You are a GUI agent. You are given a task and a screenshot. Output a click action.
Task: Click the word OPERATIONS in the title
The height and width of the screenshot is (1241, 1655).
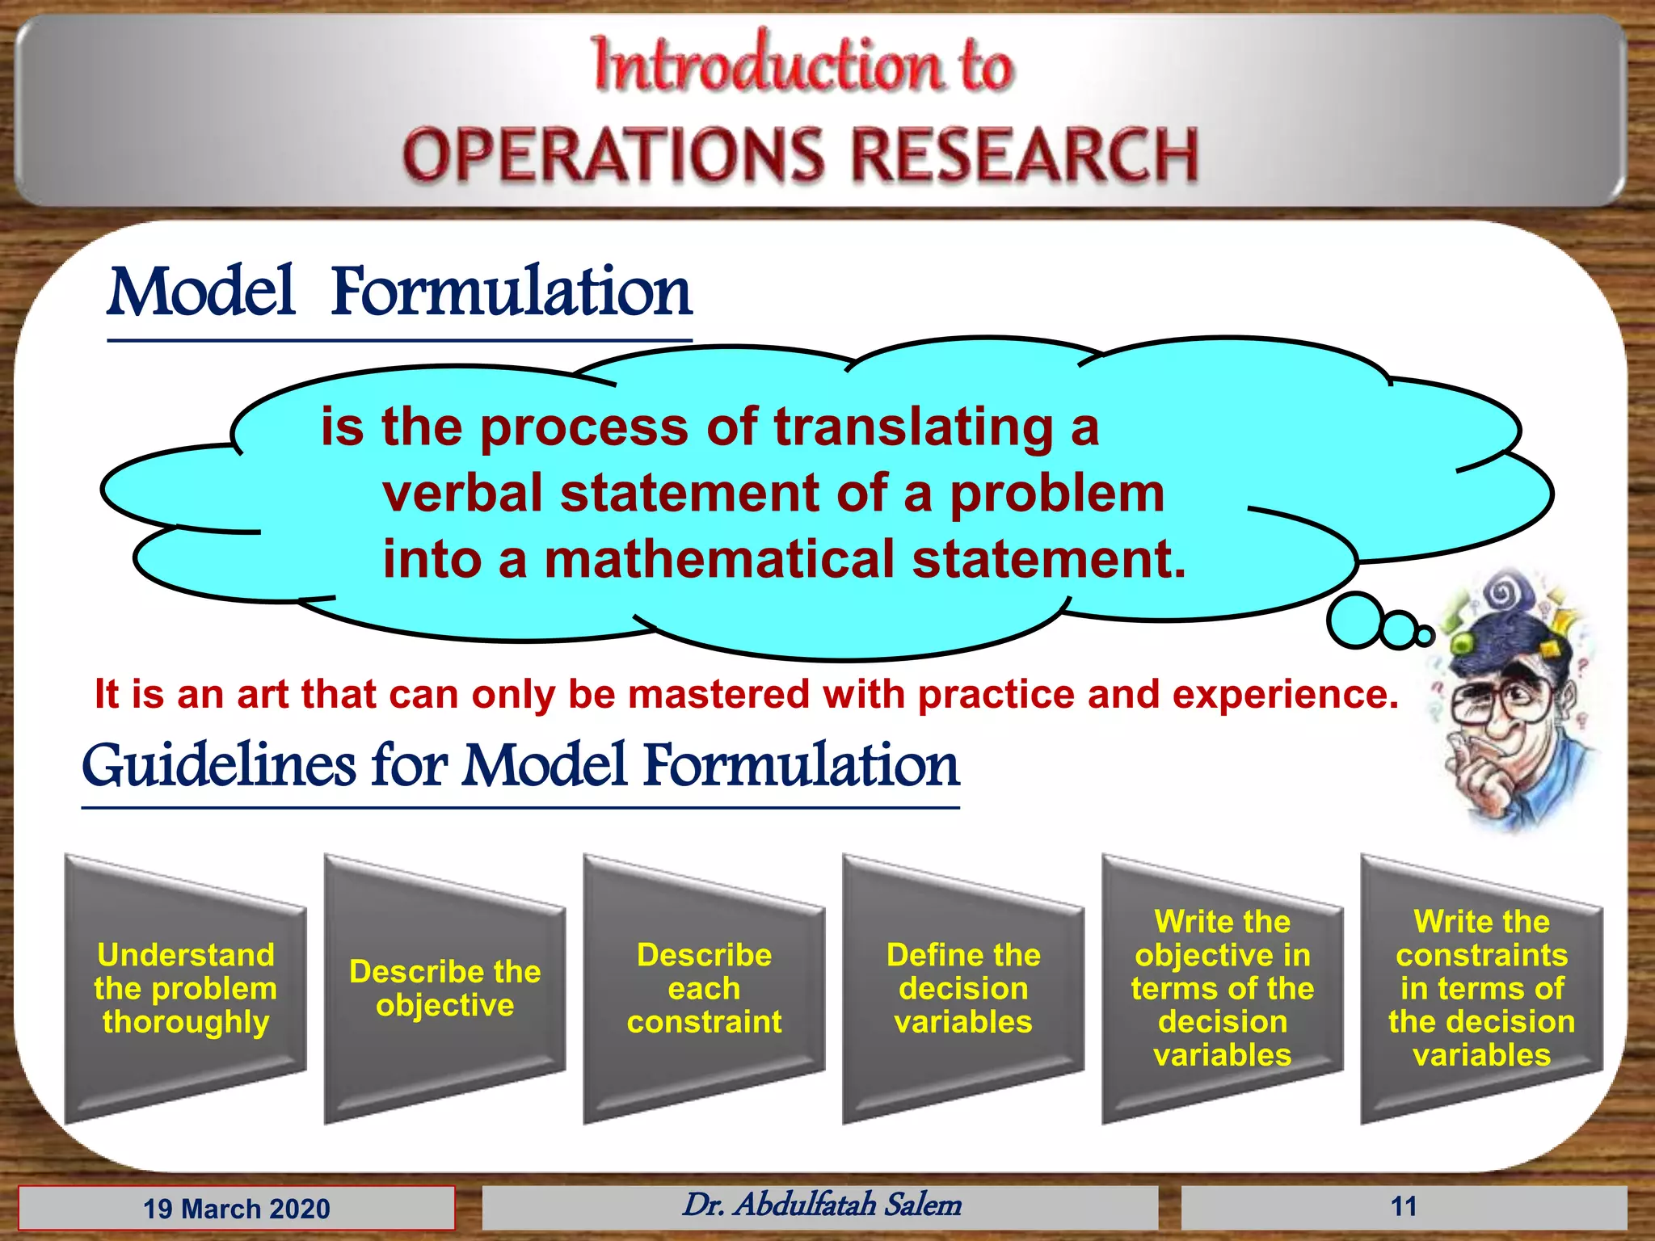613,155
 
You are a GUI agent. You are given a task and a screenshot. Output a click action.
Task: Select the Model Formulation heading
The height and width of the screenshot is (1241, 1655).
399,292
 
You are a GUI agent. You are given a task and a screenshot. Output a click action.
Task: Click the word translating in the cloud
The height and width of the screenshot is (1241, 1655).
913,427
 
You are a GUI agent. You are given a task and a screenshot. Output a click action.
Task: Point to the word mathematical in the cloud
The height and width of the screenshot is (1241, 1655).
719,560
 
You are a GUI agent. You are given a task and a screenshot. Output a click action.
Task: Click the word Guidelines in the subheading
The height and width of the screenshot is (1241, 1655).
218,766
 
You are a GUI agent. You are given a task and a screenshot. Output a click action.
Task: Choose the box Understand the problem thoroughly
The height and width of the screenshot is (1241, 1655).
185,988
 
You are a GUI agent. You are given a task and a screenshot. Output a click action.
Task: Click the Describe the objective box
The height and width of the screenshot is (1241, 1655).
444,988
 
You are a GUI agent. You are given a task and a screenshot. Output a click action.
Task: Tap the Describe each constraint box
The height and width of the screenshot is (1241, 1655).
704,988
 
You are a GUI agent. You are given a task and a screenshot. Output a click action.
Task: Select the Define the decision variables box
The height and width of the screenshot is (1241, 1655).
963,988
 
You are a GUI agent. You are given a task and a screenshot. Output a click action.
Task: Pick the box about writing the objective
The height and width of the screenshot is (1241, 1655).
1222,988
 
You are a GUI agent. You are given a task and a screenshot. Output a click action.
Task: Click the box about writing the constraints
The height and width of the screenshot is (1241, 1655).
1481,988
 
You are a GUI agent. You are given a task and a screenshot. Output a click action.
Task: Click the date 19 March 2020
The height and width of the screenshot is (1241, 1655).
237,1209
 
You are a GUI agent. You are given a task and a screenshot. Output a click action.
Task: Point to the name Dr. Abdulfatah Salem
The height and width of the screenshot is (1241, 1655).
821,1205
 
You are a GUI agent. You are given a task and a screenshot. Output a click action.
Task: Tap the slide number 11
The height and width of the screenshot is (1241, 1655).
1404,1207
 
